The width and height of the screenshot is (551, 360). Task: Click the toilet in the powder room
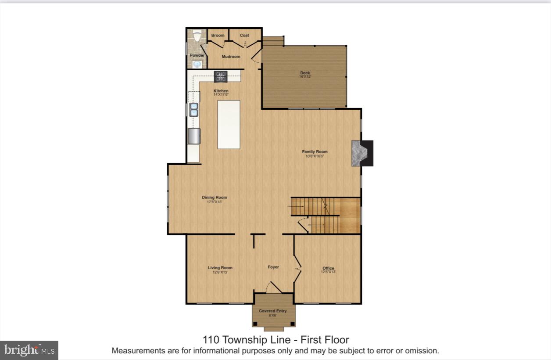click(x=197, y=36)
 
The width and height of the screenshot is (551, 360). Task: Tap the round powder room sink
click(x=197, y=64)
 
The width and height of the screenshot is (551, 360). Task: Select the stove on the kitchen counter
click(x=221, y=76)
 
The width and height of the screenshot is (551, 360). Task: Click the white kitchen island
click(x=229, y=124)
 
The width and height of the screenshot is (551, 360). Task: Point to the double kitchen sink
click(x=193, y=110)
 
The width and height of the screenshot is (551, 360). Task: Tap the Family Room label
click(x=315, y=152)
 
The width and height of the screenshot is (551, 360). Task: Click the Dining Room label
click(x=214, y=198)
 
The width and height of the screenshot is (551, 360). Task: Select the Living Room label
click(x=220, y=268)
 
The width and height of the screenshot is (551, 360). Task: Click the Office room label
click(x=328, y=268)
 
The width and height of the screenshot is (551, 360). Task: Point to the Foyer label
click(x=273, y=267)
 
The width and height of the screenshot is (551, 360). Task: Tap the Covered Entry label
click(x=272, y=311)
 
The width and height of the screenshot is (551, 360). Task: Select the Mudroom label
click(x=231, y=57)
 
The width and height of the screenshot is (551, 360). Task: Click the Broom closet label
click(x=218, y=36)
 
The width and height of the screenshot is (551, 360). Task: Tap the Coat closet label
click(x=244, y=36)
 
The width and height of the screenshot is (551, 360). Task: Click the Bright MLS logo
click(x=29, y=350)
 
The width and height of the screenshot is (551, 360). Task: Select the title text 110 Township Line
click(x=275, y=339)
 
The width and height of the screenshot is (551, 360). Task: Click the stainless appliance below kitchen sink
click(x=194, y=136)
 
